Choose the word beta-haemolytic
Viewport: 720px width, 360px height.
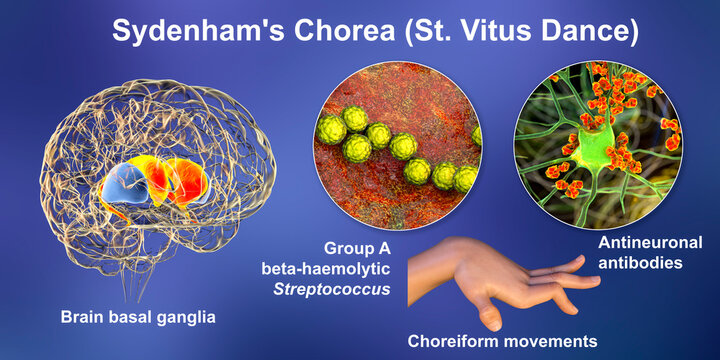pyautogui.click(x=312, y=267)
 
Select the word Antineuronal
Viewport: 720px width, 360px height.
pyautogui.click(x=650, y=244)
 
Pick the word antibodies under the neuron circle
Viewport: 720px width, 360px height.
pyautogui.click(x=649, y=265)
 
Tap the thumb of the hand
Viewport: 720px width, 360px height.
pyautogui.click(x=490, y=311)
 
